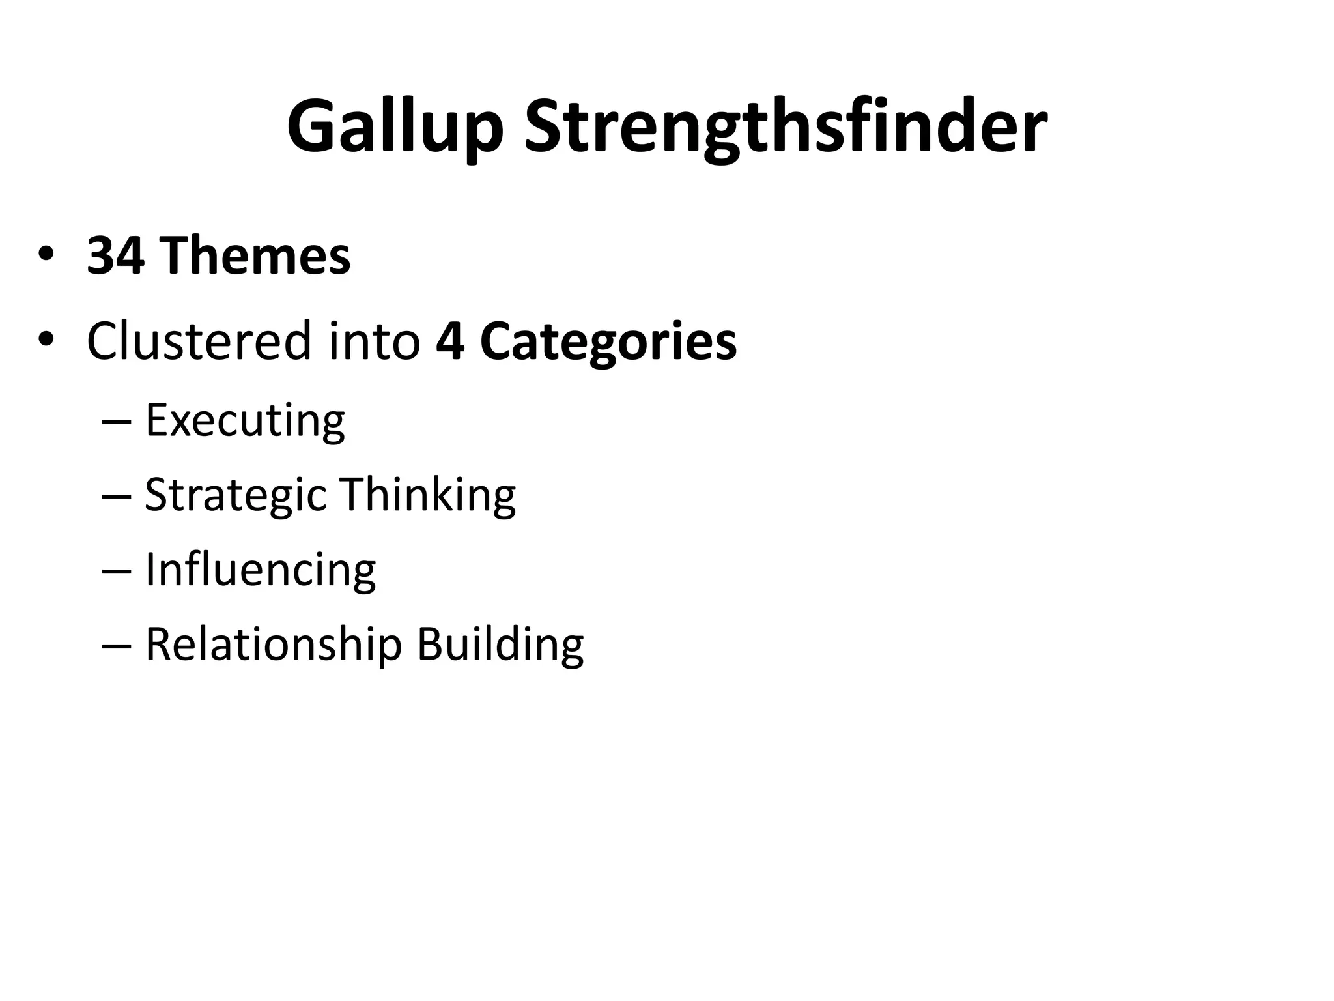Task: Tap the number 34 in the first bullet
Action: (115, 256)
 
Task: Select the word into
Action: (374, 341)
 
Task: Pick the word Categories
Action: (608, 342)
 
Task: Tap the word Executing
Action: (245, 421)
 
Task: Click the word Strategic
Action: (235, 495)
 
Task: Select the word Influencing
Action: (260, 570)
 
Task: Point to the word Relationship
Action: (274, 645)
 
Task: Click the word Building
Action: (500, 645)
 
